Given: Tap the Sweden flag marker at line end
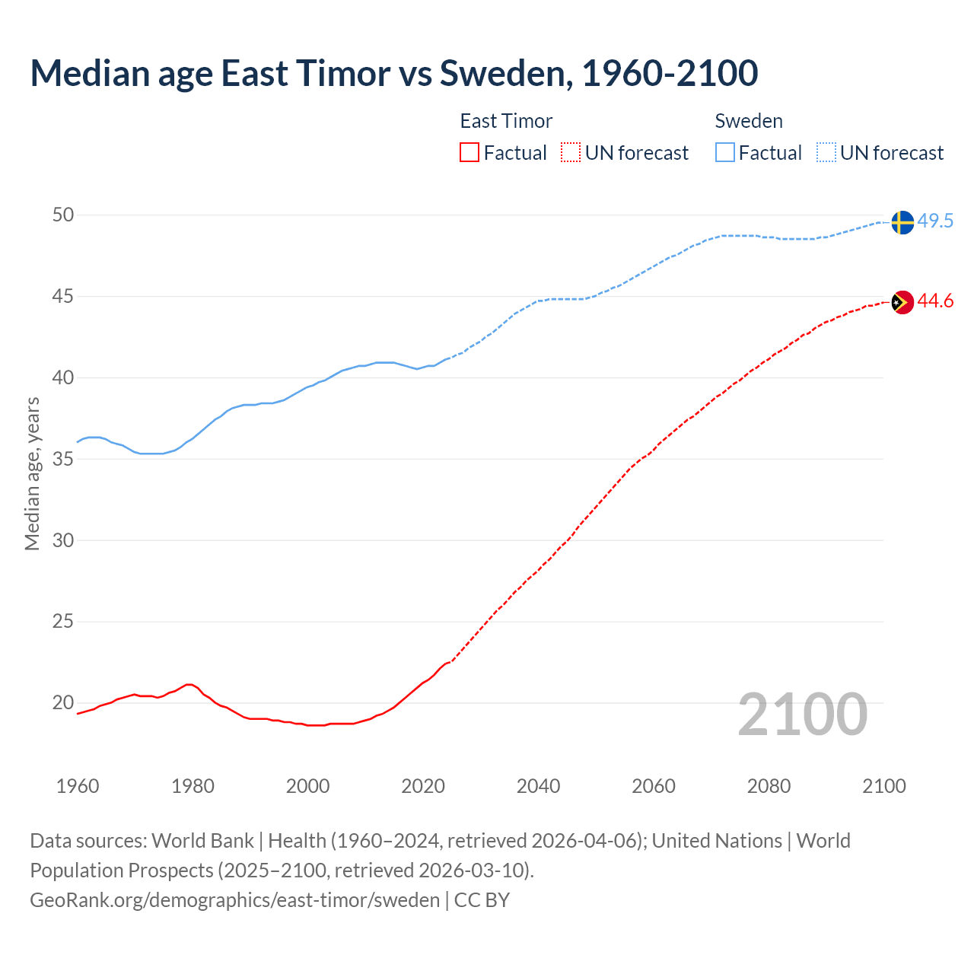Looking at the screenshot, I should [902, 222].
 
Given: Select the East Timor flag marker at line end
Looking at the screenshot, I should [902, 302].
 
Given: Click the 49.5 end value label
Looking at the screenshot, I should [935, 221].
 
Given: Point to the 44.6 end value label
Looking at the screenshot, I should [935, 301].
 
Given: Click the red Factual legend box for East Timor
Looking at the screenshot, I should [469, 153].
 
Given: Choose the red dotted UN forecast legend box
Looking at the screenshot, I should [571, 153].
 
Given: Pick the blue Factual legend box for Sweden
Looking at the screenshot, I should [725, 153].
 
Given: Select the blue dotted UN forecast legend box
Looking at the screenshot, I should [826, 153].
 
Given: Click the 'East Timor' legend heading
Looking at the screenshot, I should [506, 121].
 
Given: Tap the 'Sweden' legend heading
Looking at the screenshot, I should [749, 121].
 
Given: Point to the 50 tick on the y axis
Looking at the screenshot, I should [63, 215].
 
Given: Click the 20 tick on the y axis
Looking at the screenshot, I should [63, 703].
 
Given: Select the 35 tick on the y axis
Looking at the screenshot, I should [63, 460].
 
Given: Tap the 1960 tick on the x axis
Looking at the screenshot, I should [78, 786].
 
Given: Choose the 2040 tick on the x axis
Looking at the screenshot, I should [538, 786].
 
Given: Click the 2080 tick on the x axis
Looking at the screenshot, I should [769, 786].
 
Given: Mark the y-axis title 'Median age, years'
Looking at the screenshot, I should [32, 473].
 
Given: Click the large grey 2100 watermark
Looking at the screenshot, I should [802, 714].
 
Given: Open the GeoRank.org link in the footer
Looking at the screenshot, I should [234, 900].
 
